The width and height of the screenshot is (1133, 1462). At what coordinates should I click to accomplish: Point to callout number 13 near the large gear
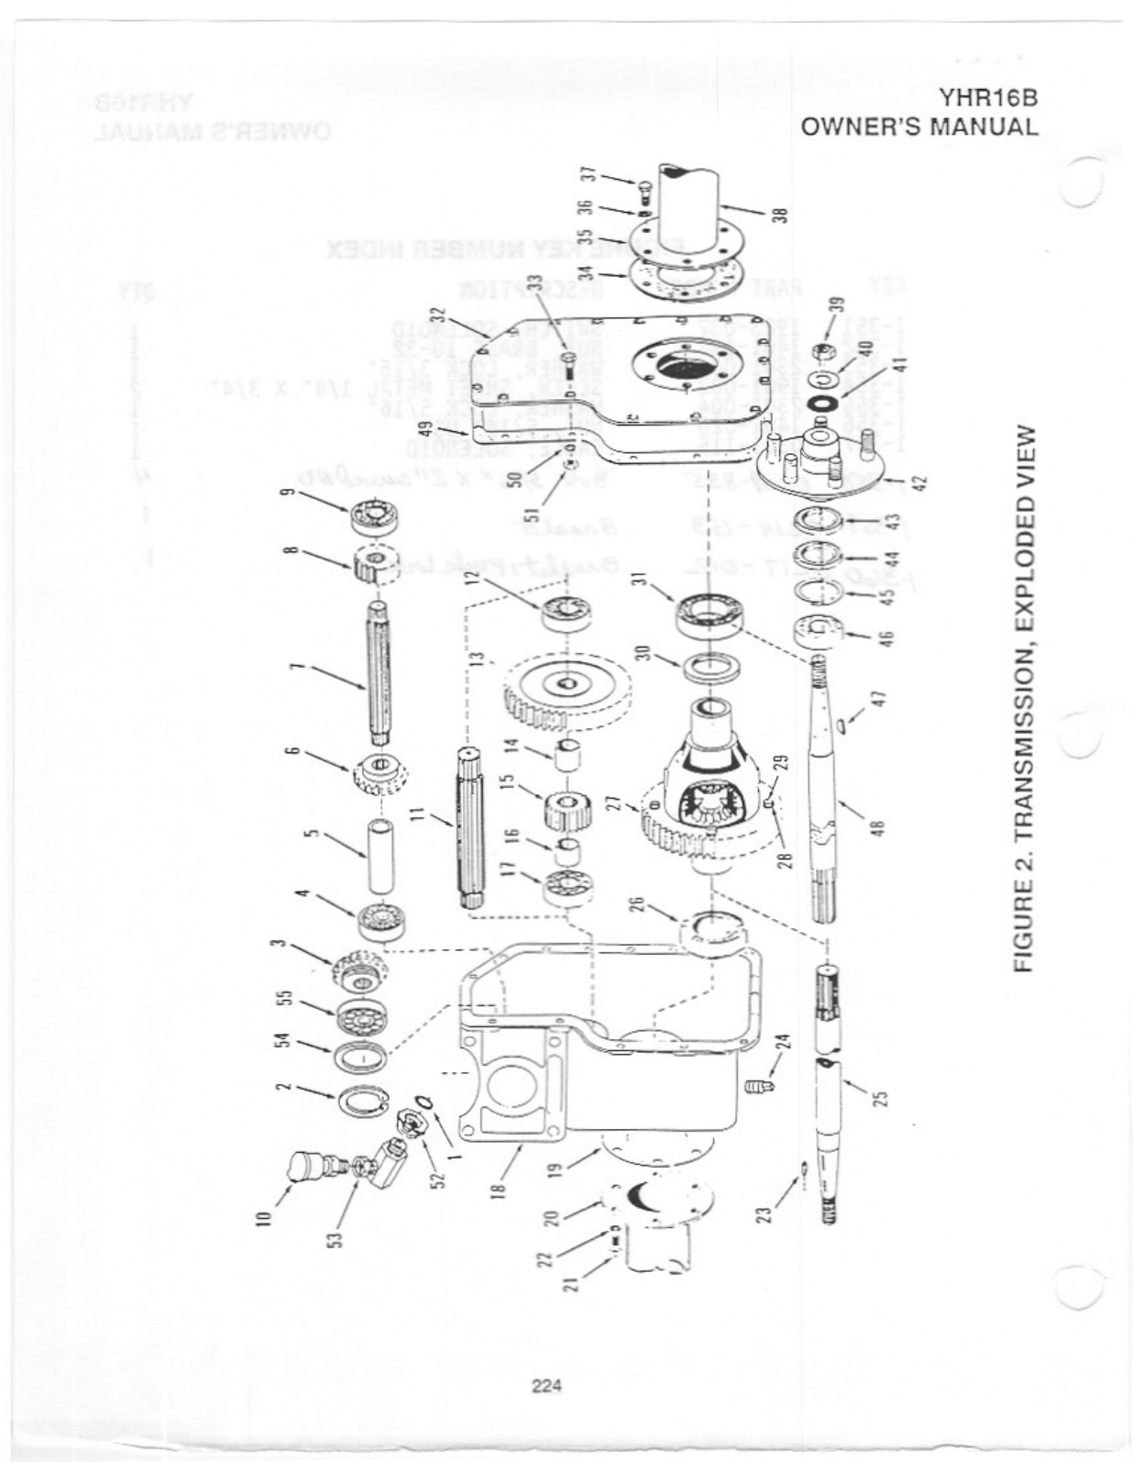(476, 662)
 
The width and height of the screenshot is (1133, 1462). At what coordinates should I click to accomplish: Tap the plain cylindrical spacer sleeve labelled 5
(379, 858)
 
